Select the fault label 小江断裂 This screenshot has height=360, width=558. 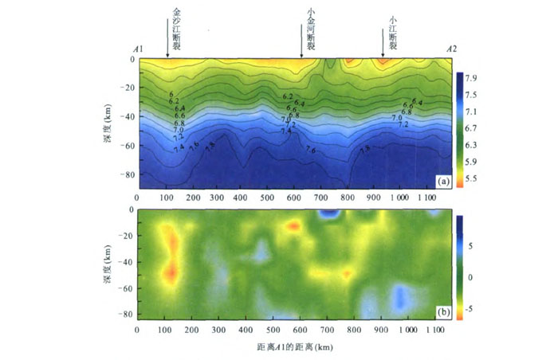tap(392, 29)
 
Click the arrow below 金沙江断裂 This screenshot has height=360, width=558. tap(167, 50)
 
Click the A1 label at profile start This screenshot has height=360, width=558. tap(139, 49)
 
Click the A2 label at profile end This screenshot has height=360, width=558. tap(452, 49)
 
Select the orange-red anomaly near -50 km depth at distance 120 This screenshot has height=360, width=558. tap(170, 273)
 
